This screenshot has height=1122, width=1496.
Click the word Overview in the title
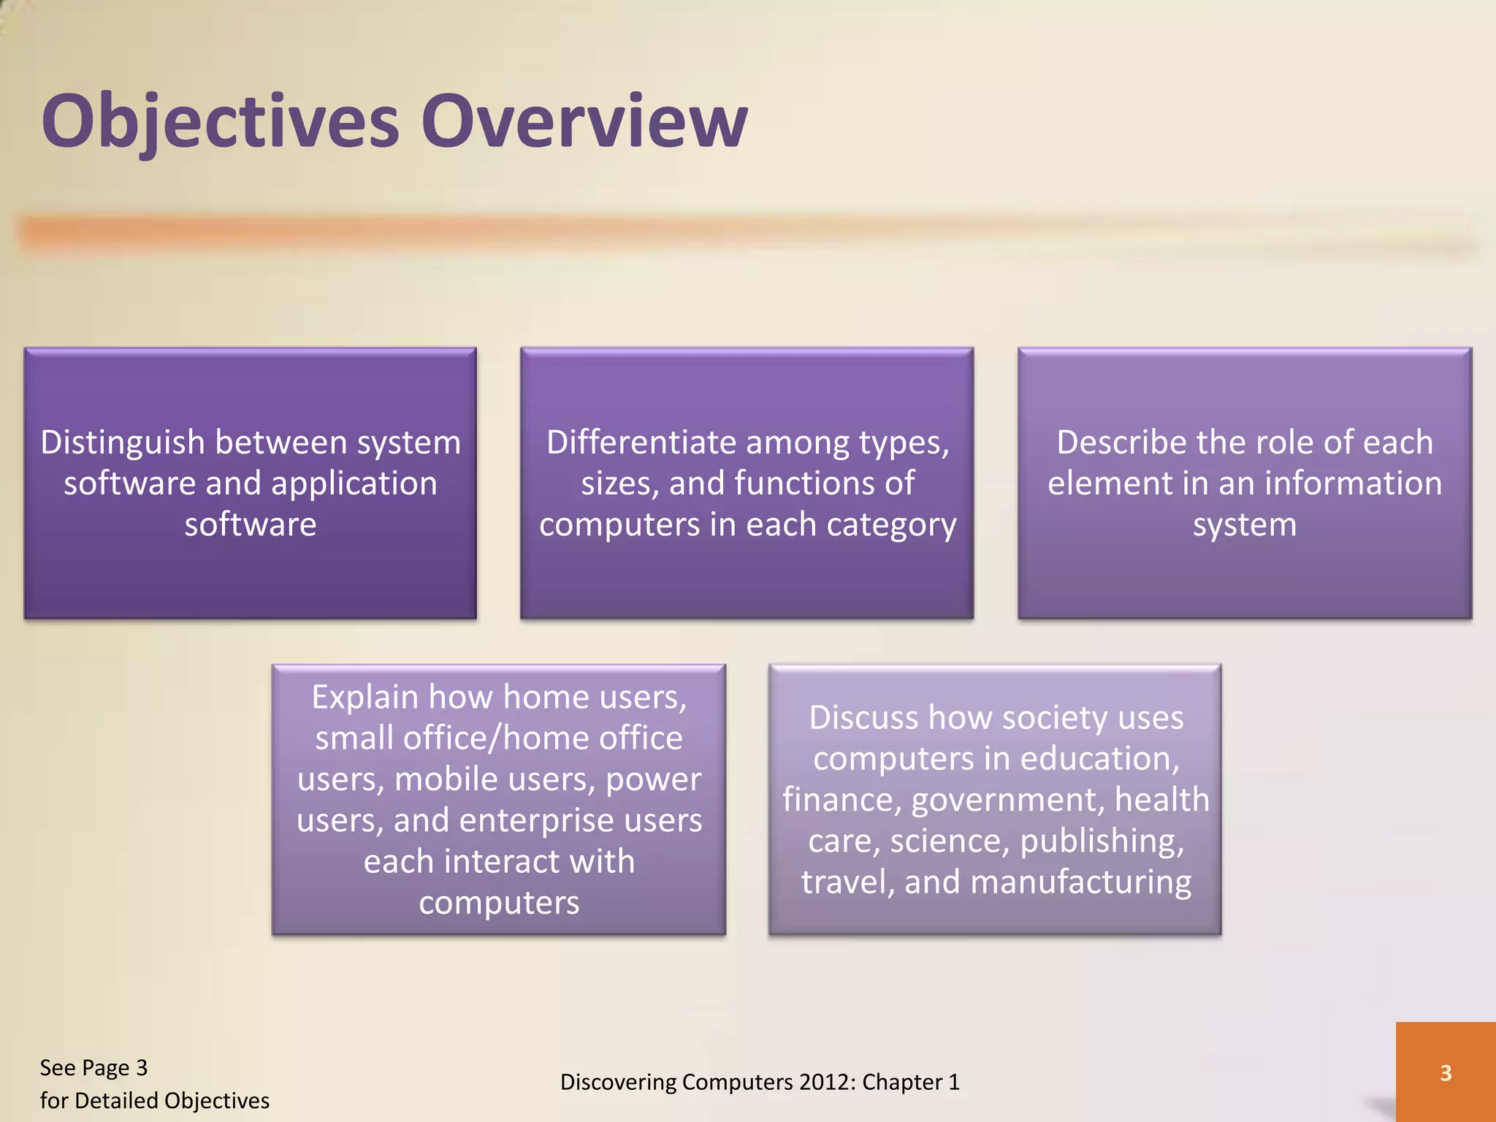click(x=584, y=121)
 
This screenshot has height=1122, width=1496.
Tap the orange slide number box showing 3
click(x=1445, y=1072)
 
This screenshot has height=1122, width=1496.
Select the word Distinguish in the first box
click(x=122, y=443)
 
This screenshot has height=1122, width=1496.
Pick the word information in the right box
click(x=1353, y=484)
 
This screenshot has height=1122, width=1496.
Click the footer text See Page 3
click(x=93, y=1068)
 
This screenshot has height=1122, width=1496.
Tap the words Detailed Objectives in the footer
click(x=172, y=1101)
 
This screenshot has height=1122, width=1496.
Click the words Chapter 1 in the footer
click(x=910, y=1082)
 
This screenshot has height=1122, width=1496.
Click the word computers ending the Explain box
click(x=499, y=904)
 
